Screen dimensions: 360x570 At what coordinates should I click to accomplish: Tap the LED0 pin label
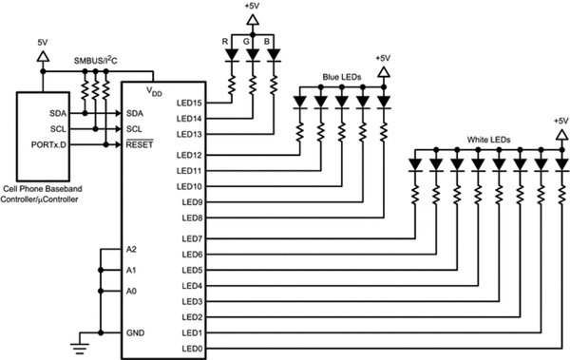(x=193, y=349)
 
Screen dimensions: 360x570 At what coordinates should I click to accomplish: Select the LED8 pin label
(x=193, y=218)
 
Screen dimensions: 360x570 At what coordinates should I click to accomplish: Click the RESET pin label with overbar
(x=139, y=144)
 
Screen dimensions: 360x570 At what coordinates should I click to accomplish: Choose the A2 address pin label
(x=131, y=250)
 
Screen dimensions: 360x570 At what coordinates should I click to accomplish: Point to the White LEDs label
(x=488, y=140)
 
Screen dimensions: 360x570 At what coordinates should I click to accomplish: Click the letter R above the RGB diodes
(x=224, y=42)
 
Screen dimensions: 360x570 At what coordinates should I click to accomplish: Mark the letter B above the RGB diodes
(x=269, y=42)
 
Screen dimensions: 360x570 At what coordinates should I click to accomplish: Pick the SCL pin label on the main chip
(x=135, y=128)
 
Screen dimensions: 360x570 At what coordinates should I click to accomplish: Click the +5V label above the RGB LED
(x=253, y=7)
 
